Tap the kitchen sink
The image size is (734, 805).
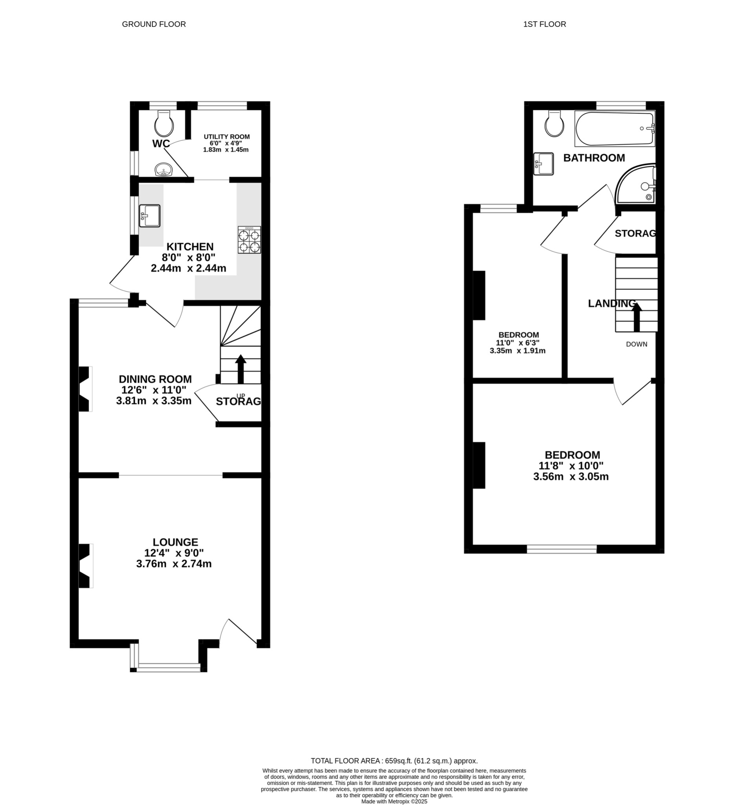[x=150, y=216]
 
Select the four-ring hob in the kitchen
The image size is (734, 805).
[x=250, y=240]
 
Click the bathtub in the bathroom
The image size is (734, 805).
[x=615, y=129]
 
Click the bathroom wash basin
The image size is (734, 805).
[x=543, y=164]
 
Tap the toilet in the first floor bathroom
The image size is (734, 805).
[x=555, y=123]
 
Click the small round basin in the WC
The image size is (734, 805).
[x=163, y=170]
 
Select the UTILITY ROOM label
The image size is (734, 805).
[x=226, y=136]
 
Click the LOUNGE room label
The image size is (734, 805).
[x=175, y=542]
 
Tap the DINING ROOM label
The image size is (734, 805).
[x=155, y=379]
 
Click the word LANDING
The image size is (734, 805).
[x=611, y=303]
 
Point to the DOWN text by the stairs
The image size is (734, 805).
[x=636, y=344]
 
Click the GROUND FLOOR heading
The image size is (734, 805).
[x=154, y=24]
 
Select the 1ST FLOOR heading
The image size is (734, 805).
[x=545, y=24]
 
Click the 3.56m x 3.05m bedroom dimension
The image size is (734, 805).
[x=571, y=477]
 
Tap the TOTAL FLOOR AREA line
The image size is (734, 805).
[x=394, y=761]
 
